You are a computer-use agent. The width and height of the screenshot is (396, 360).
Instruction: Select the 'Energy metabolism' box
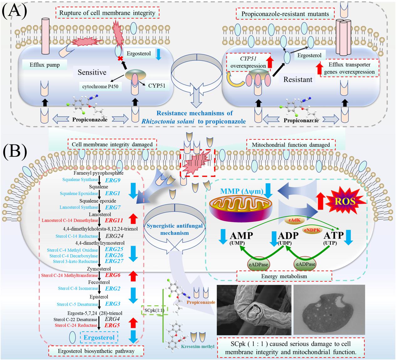coord(284,276)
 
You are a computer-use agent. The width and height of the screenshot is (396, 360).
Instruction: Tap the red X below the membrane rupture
coord(119,59)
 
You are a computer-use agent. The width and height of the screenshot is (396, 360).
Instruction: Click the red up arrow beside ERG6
coord(134,275)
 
